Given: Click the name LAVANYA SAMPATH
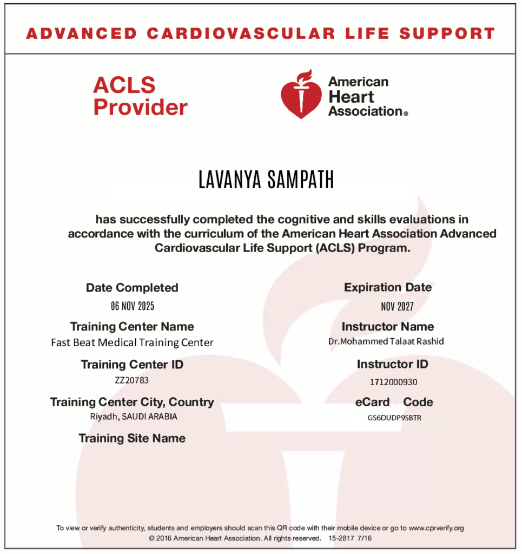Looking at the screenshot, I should coord(266,180).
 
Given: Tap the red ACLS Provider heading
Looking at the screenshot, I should coord(140,96).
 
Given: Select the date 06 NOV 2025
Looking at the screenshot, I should coord(133,306).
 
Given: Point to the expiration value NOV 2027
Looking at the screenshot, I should coord(397,307).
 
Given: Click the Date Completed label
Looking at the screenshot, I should coord(132,288).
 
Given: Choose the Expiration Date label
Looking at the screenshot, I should coord(388,287).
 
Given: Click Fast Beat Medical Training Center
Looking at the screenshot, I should coord(132,342).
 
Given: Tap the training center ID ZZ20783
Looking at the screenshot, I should coord(132,380).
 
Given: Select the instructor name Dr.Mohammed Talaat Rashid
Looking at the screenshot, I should coord(386,341).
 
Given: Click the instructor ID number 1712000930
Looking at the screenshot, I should coord(393,382).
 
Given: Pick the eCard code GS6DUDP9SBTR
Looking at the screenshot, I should coord(394,418).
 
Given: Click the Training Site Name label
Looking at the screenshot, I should coord(132,438).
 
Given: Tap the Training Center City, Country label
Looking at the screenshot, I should coord(132,402).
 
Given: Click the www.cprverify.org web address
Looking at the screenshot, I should coord(437,528).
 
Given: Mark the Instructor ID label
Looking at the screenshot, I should coord(393,364).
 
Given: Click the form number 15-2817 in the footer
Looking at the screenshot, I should coord(341,539).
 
